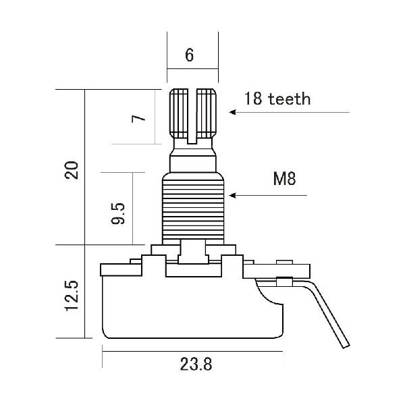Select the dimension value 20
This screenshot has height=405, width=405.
coord(72,169)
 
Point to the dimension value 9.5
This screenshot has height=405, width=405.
coord(119,211)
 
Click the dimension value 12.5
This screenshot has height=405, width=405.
coord(72,296)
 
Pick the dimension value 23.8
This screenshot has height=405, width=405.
coord(196,365)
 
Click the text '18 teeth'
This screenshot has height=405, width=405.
coord(277,99)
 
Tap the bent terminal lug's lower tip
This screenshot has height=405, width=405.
coord(346,345)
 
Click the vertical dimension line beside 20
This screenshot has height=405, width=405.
coord(85,169)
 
